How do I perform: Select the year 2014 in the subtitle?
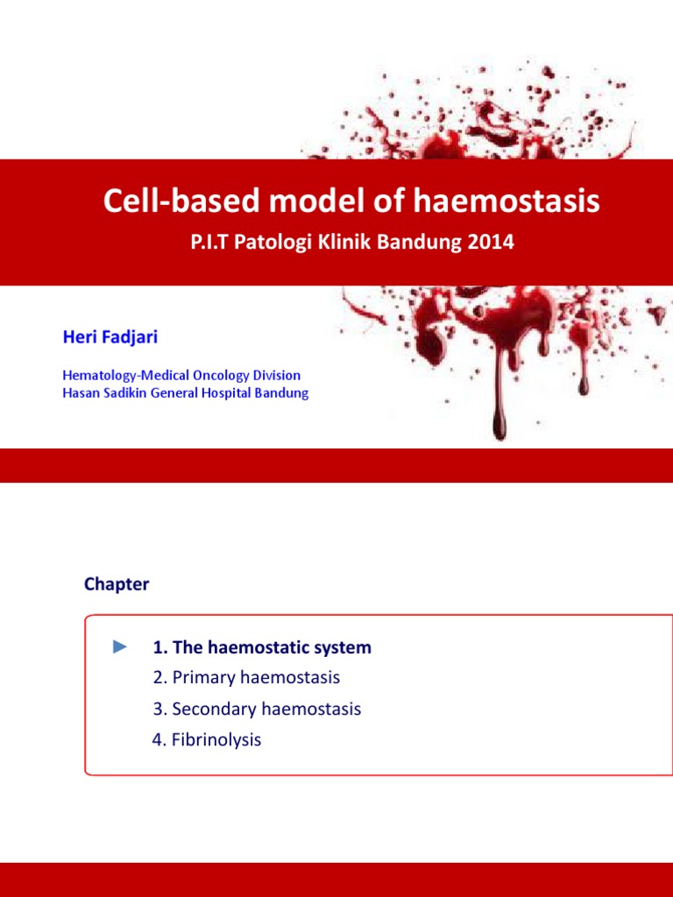(x=491, y=243)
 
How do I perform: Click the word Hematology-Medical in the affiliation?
(x=119, y=376)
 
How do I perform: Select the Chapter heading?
(x=117, y=584)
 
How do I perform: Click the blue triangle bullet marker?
(x=120, y=646)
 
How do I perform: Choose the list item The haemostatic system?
(x=262, y=647)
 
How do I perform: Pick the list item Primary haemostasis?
(x=246, y=677)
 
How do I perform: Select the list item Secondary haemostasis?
(x=257, y=709)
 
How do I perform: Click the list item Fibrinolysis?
(x=207, y=739)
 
